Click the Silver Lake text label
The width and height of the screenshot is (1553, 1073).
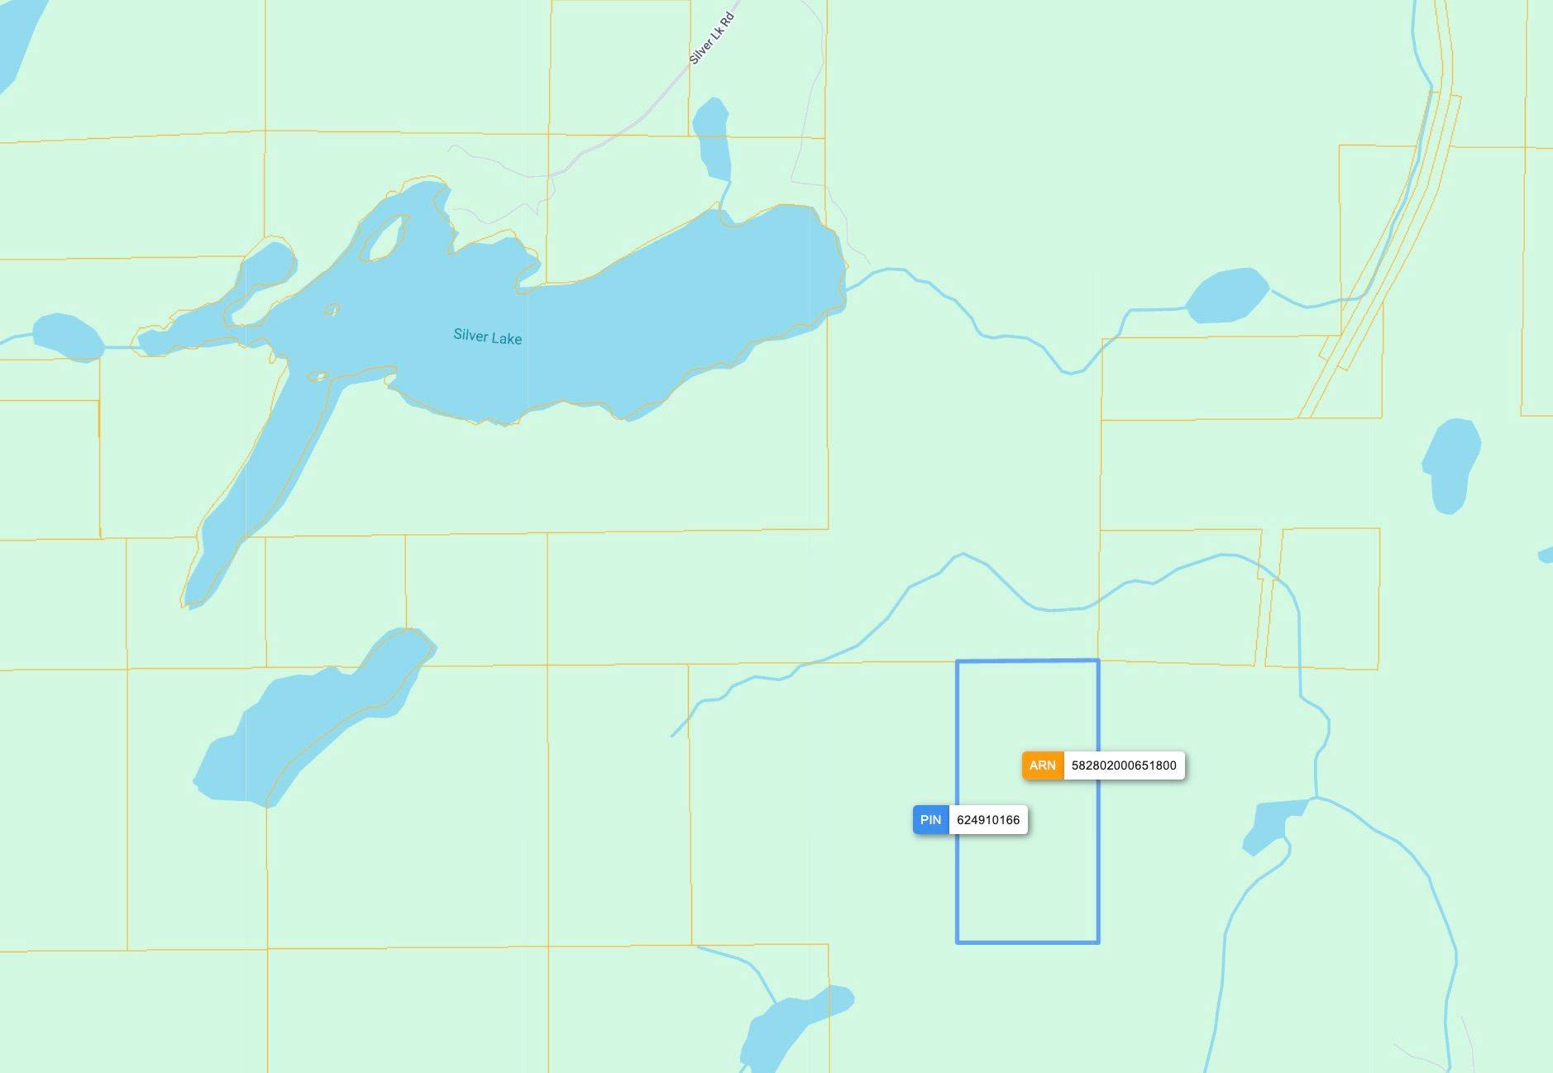pyautogui.click(x=487, y=336)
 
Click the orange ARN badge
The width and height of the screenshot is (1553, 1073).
pyautogui.click(x=1042, y=765)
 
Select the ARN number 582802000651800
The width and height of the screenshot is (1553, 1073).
pyautogui.click(x=1123, y=765)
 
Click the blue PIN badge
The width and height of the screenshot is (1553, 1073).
pyautogui.click(x=930, y=820)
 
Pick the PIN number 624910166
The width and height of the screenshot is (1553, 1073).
pyautogui.click(x=987, y=820)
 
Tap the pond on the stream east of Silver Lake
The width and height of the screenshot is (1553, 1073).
pyautogui.click(x=1227, y=295)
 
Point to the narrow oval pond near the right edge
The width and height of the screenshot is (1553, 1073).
pyautogui.click(x=1451, y=465)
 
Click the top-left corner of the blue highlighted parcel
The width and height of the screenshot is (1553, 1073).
pyautogui.click(x=958, y=661)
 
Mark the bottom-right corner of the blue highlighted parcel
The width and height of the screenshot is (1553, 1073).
pyautogui.click(x=1098, y=942)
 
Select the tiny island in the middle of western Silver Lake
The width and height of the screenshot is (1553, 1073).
pyautogui.click(x=332, y=310)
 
